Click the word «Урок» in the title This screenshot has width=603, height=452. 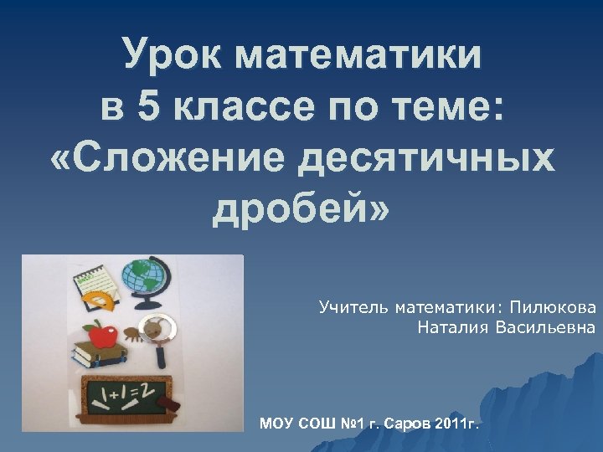pyautogui.click(x=173, y=56)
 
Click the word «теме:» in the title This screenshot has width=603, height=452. pyautogui.click(x=446, y=106)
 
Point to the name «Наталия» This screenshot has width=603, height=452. pyautogui.click(x=451, y=327)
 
